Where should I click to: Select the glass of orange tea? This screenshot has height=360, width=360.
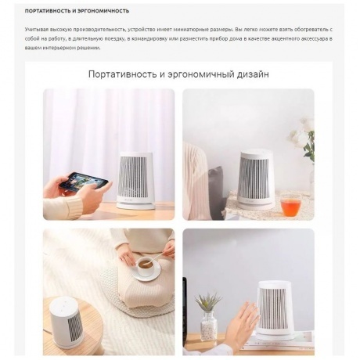(x=290, y=205)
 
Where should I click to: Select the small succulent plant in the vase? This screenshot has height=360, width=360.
(x=208, y=301)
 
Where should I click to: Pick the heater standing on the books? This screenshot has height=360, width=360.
(x=274, y=309)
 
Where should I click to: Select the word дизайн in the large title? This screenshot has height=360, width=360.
(x=249, y=74)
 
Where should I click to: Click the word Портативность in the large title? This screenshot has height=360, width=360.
(x=125, y=74)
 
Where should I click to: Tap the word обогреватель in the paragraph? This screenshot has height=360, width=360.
(x=310, y=27)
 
